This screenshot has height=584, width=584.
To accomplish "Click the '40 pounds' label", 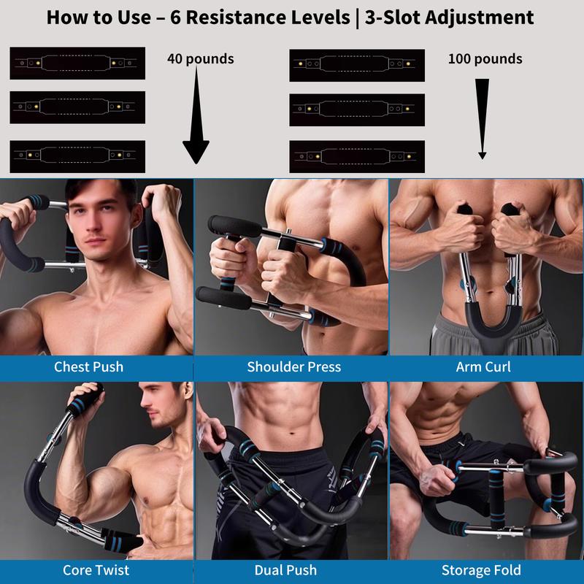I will tap(200, 58).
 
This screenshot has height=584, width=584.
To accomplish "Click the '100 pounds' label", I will tap(485, 58).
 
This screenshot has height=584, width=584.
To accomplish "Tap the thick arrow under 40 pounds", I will tap(196, 117).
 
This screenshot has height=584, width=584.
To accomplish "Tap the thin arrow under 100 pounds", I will tap(482, 117).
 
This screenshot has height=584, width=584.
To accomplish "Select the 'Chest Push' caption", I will tap(88, 366).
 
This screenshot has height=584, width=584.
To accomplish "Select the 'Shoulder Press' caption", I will tap(293, 366).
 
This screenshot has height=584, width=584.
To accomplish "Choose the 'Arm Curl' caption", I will tap(483, 366).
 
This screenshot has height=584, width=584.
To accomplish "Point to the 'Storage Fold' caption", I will tap(485, 569).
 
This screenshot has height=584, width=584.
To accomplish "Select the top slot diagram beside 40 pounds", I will tap(77, 64).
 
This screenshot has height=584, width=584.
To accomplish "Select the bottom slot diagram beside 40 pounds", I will tap(77, 155).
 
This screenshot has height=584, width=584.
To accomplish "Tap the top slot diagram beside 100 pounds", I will tap(357, 64).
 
